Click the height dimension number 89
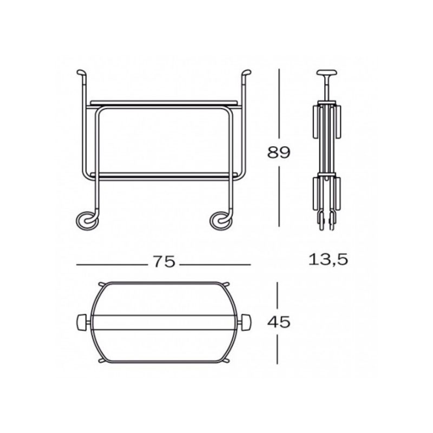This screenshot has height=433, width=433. tap(279, 152)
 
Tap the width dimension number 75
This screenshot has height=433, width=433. tap(164, 261)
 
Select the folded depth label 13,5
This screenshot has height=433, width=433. tap(328, 260)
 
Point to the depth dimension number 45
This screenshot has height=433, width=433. tap(279, 322)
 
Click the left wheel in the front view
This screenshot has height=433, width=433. tap(87, 221)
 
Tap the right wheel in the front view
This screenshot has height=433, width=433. tap(221, 221)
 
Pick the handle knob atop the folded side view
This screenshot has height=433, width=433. tap(327, 73)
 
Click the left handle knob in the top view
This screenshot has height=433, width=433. tap(81, 322)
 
